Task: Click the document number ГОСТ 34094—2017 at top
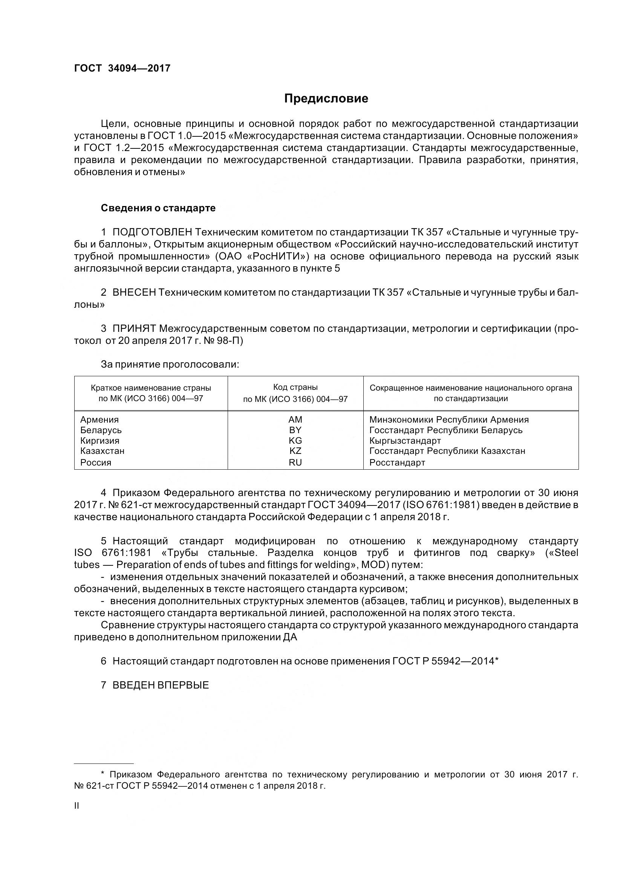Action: (122, 68)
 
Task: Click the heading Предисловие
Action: (326, 99)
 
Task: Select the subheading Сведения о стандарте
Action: (158, 208)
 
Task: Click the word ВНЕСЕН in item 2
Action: (134, 292)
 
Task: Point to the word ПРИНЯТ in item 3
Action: (134, 328)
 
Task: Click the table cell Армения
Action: (99, 419)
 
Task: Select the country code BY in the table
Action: (295, 430)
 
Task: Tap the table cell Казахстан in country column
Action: (102, 450)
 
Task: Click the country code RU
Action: (295, 463)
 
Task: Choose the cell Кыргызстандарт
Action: (405, 441)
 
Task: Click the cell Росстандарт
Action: (397, 463)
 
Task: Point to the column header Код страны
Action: (295, 387)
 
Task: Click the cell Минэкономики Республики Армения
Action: (449, 419)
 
